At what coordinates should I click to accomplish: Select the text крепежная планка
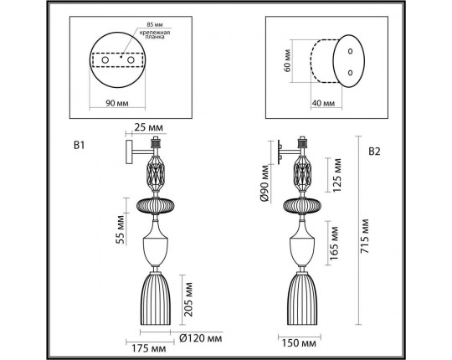click(157, 36)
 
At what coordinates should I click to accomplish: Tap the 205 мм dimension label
click(190, 296)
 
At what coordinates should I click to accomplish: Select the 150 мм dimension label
click(299, 342)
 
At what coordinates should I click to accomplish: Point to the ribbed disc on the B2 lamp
click(303, 205)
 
